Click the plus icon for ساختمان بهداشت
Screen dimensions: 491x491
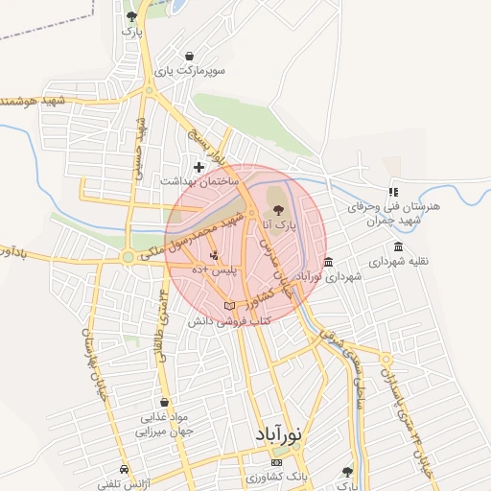click(x=199, y=167)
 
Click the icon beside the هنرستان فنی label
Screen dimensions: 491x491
click(x=393, y=193)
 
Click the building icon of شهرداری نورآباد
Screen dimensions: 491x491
click(x=329, y=262)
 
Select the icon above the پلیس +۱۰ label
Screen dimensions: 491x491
click(x=214, y=256)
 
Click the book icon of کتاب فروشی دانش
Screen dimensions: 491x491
click(x=228, y=306)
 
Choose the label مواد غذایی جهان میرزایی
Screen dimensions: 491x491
click(x=168, y=425)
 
